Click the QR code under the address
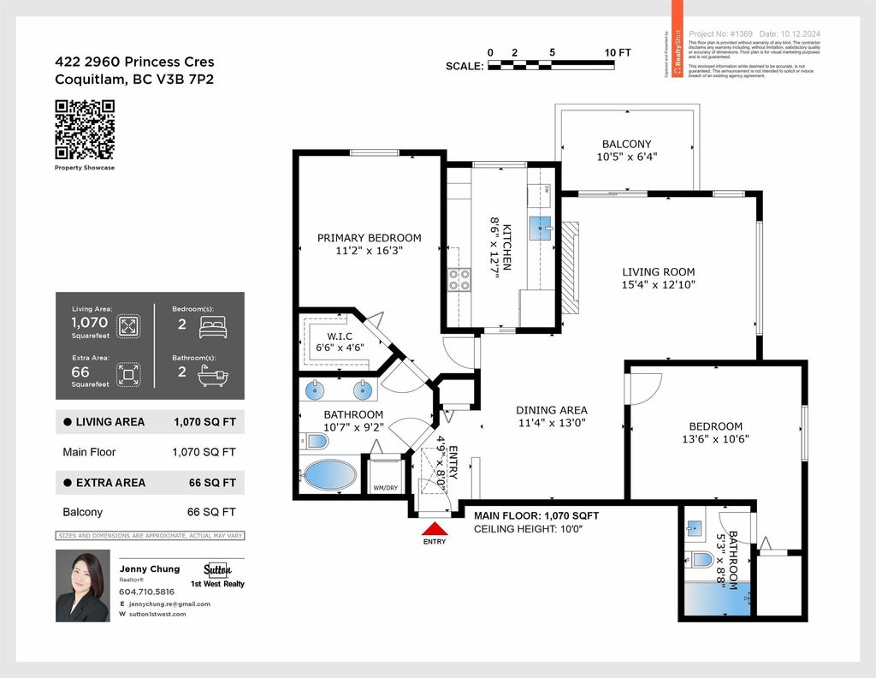[x=85, y=129]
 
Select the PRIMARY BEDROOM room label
[x=369, y=238]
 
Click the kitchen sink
[x=540, y=227]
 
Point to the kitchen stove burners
[x=459, y=280]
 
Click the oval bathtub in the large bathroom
[x=330, y=475]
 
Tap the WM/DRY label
[x=384, y=488]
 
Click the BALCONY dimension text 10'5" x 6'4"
[x=626, y=158]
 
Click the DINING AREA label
[x=551, y=410]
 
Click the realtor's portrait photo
[x=82, y=585]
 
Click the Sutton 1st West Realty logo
[x=223, y=575]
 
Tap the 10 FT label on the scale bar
[x=617, y=52]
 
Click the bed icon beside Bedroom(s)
[x=211, y=326]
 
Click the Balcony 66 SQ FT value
[x=212, y=512]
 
